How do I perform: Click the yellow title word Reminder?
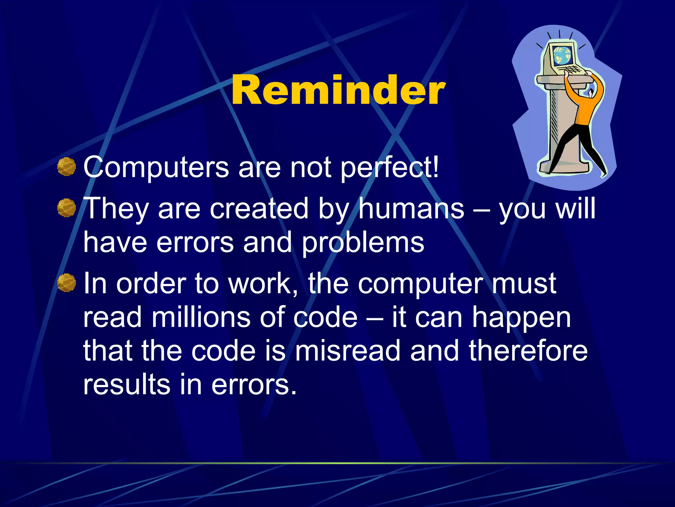(338, 90)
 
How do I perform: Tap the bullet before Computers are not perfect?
(67, 167)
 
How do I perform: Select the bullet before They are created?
(67, 208)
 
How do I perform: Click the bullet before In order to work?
(67, 283)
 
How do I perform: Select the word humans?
(411, 209)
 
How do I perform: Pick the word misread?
(348, 351)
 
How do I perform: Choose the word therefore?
(528, 351)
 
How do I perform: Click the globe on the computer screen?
(562, 54)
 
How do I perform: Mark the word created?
(259, 209)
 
